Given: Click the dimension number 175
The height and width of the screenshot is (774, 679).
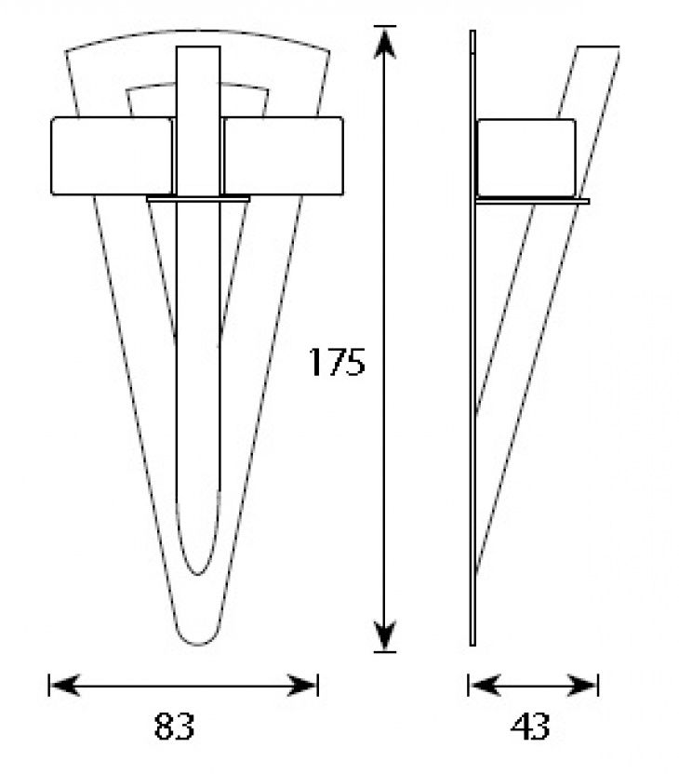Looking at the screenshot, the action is coord(337,361).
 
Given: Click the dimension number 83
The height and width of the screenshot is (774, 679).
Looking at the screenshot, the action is coord(175,726).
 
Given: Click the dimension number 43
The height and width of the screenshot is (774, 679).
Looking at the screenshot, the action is coord(530,727).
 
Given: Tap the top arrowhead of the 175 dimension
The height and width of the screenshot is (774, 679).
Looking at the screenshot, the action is coord(384,43).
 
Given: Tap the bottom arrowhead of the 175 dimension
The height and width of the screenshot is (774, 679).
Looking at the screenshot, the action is coord(384,635).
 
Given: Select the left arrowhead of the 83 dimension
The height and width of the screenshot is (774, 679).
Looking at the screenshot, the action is coord(64,685).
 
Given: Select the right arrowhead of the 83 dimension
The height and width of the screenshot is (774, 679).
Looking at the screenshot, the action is coord(302,685).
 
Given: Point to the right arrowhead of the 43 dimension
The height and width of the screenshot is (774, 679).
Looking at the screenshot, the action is coord(582,685).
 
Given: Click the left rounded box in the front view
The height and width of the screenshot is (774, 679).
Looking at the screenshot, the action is coord(113,156).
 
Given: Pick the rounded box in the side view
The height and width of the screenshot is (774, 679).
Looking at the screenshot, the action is coord(526,157).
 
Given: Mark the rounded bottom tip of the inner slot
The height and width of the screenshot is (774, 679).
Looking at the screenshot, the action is coord(198,573).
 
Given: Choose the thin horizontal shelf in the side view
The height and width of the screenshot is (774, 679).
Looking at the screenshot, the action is coord(532,200).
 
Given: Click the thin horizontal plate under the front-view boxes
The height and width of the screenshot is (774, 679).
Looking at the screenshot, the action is coord(198,199).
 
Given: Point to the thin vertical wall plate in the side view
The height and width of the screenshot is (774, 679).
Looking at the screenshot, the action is coord(473,338).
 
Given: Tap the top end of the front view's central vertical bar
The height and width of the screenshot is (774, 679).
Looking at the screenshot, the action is coord(198,47).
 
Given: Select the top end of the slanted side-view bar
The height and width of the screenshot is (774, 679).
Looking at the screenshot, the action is coord(598,47).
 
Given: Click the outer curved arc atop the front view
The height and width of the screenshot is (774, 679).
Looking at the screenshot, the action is coord(198,31).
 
